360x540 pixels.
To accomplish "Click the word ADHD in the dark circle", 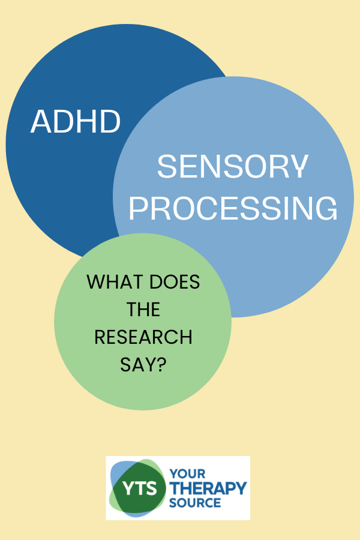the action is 76,122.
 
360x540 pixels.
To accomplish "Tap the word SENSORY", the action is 233,166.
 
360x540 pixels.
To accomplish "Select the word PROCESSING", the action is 233,208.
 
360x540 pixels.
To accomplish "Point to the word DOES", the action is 175,282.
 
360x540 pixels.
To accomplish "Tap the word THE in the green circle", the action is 143,309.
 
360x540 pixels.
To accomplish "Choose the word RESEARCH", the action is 143,337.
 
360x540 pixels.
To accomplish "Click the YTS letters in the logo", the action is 140,488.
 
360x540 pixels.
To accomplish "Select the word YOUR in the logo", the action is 187,473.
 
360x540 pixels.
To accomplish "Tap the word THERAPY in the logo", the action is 208,488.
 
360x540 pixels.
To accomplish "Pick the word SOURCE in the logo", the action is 195,503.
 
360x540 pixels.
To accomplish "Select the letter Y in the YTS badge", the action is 128,488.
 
